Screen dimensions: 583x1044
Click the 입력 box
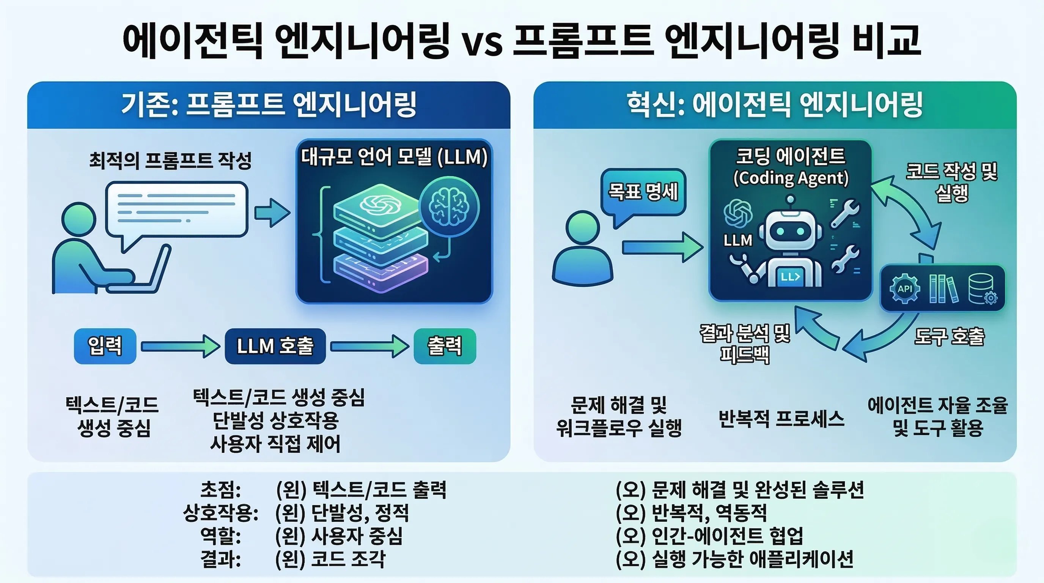[x=105, y=346]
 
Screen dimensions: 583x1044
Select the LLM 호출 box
[x=275, y=346]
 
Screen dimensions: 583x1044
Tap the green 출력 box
[x=445, y=346]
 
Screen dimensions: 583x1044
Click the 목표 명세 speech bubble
[x=643, y=192]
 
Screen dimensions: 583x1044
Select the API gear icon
[x=904, y=289]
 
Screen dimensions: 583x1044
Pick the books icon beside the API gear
[x=943, y=289]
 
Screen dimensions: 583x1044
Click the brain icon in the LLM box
[x=449, y=207]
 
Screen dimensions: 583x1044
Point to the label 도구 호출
[x=949, y=337]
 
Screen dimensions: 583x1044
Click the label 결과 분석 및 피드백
[x=745, y=344]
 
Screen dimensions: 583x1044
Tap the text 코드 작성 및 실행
[x=951, y=183]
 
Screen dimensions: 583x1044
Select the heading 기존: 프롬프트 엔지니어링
[x=269, y=105]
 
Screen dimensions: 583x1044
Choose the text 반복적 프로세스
[x=781, y=418]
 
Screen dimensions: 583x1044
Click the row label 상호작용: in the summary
[x=221, y=513]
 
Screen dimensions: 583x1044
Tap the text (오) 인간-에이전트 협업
[x=709, y=536]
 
